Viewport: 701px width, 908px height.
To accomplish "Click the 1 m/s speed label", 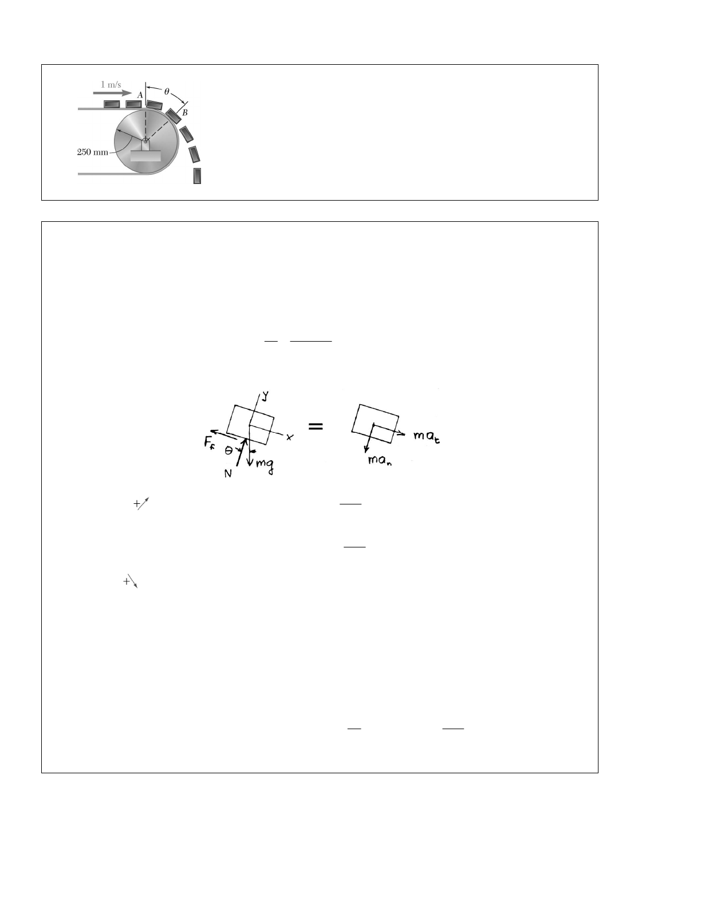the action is pyautogui.click(x=111, y=84).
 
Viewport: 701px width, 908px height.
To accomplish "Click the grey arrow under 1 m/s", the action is pyautogui.click(x=112, y=93).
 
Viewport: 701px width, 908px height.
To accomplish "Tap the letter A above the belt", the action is pyautogui.click(x=140, y=95).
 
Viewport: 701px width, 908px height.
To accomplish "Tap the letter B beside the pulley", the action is pyautogui.click(x=185, y=112).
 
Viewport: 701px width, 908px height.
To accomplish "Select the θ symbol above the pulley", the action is pyautogui.click(x=167, y=91).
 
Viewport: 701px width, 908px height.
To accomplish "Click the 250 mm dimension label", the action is pyautogui.click(x=92, y=152).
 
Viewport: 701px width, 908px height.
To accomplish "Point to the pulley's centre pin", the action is pyautogui.click(x=145, y=141).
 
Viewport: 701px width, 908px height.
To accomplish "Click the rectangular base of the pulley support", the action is pyautogui.click(x=145, y=155).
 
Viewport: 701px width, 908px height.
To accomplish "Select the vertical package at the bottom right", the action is pyautogui.click(x=197, y=176).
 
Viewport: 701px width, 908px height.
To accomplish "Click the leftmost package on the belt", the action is pyautogui.click(x=112, y=104).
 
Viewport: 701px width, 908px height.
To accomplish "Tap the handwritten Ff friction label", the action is pyautogui.click(x=210, y=443).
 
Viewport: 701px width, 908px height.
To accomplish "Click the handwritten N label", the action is pyautogui.click(x=228, y=473).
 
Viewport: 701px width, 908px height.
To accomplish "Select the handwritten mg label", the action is pyautogui.click(x=265, y=465).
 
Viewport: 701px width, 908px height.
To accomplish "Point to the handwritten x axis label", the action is pyautogui.click(x=290, y=437).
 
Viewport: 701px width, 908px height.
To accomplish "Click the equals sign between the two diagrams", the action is pyautogui.click(x=316, y=426).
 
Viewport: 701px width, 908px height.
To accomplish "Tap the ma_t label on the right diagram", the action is pyautogui.click(x=427, y=436).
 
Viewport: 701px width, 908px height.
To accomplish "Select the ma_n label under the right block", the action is pyautogui.click(x=380, y=460).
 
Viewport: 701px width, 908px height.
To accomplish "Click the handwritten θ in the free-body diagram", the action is pyautogui.click(x=229, y=451).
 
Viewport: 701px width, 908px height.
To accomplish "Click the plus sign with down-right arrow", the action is pyautogui.click(x=130, y=581).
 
